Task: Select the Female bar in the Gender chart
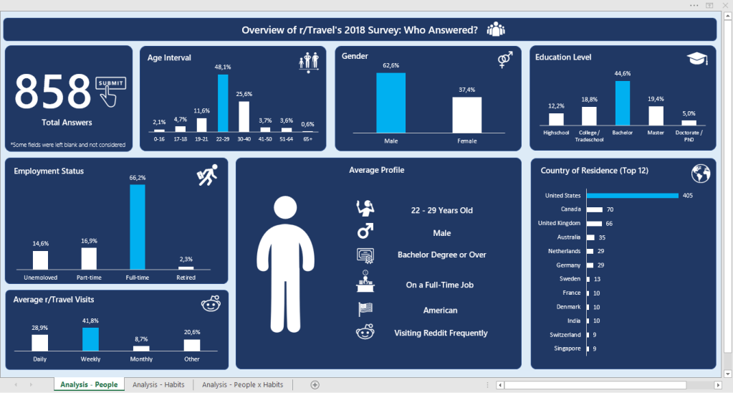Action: [466, 115]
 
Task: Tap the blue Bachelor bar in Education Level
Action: [623, 103]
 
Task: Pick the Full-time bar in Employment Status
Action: [137, 226]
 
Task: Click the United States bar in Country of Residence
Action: [632, 195]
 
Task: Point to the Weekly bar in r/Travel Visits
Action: [91, 339]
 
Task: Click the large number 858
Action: [53, 92]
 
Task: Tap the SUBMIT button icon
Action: [110, 83]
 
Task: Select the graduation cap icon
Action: [697, 60]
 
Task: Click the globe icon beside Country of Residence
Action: [701, 174]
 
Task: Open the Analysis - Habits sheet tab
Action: [158, 385]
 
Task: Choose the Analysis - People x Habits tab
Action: [242, 385]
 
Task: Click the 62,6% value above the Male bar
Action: [391, 65]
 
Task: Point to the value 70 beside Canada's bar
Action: [610, 209]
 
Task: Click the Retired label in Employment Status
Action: [186, 276]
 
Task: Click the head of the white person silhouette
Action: [287, 209]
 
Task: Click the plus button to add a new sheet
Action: [315, 385]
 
